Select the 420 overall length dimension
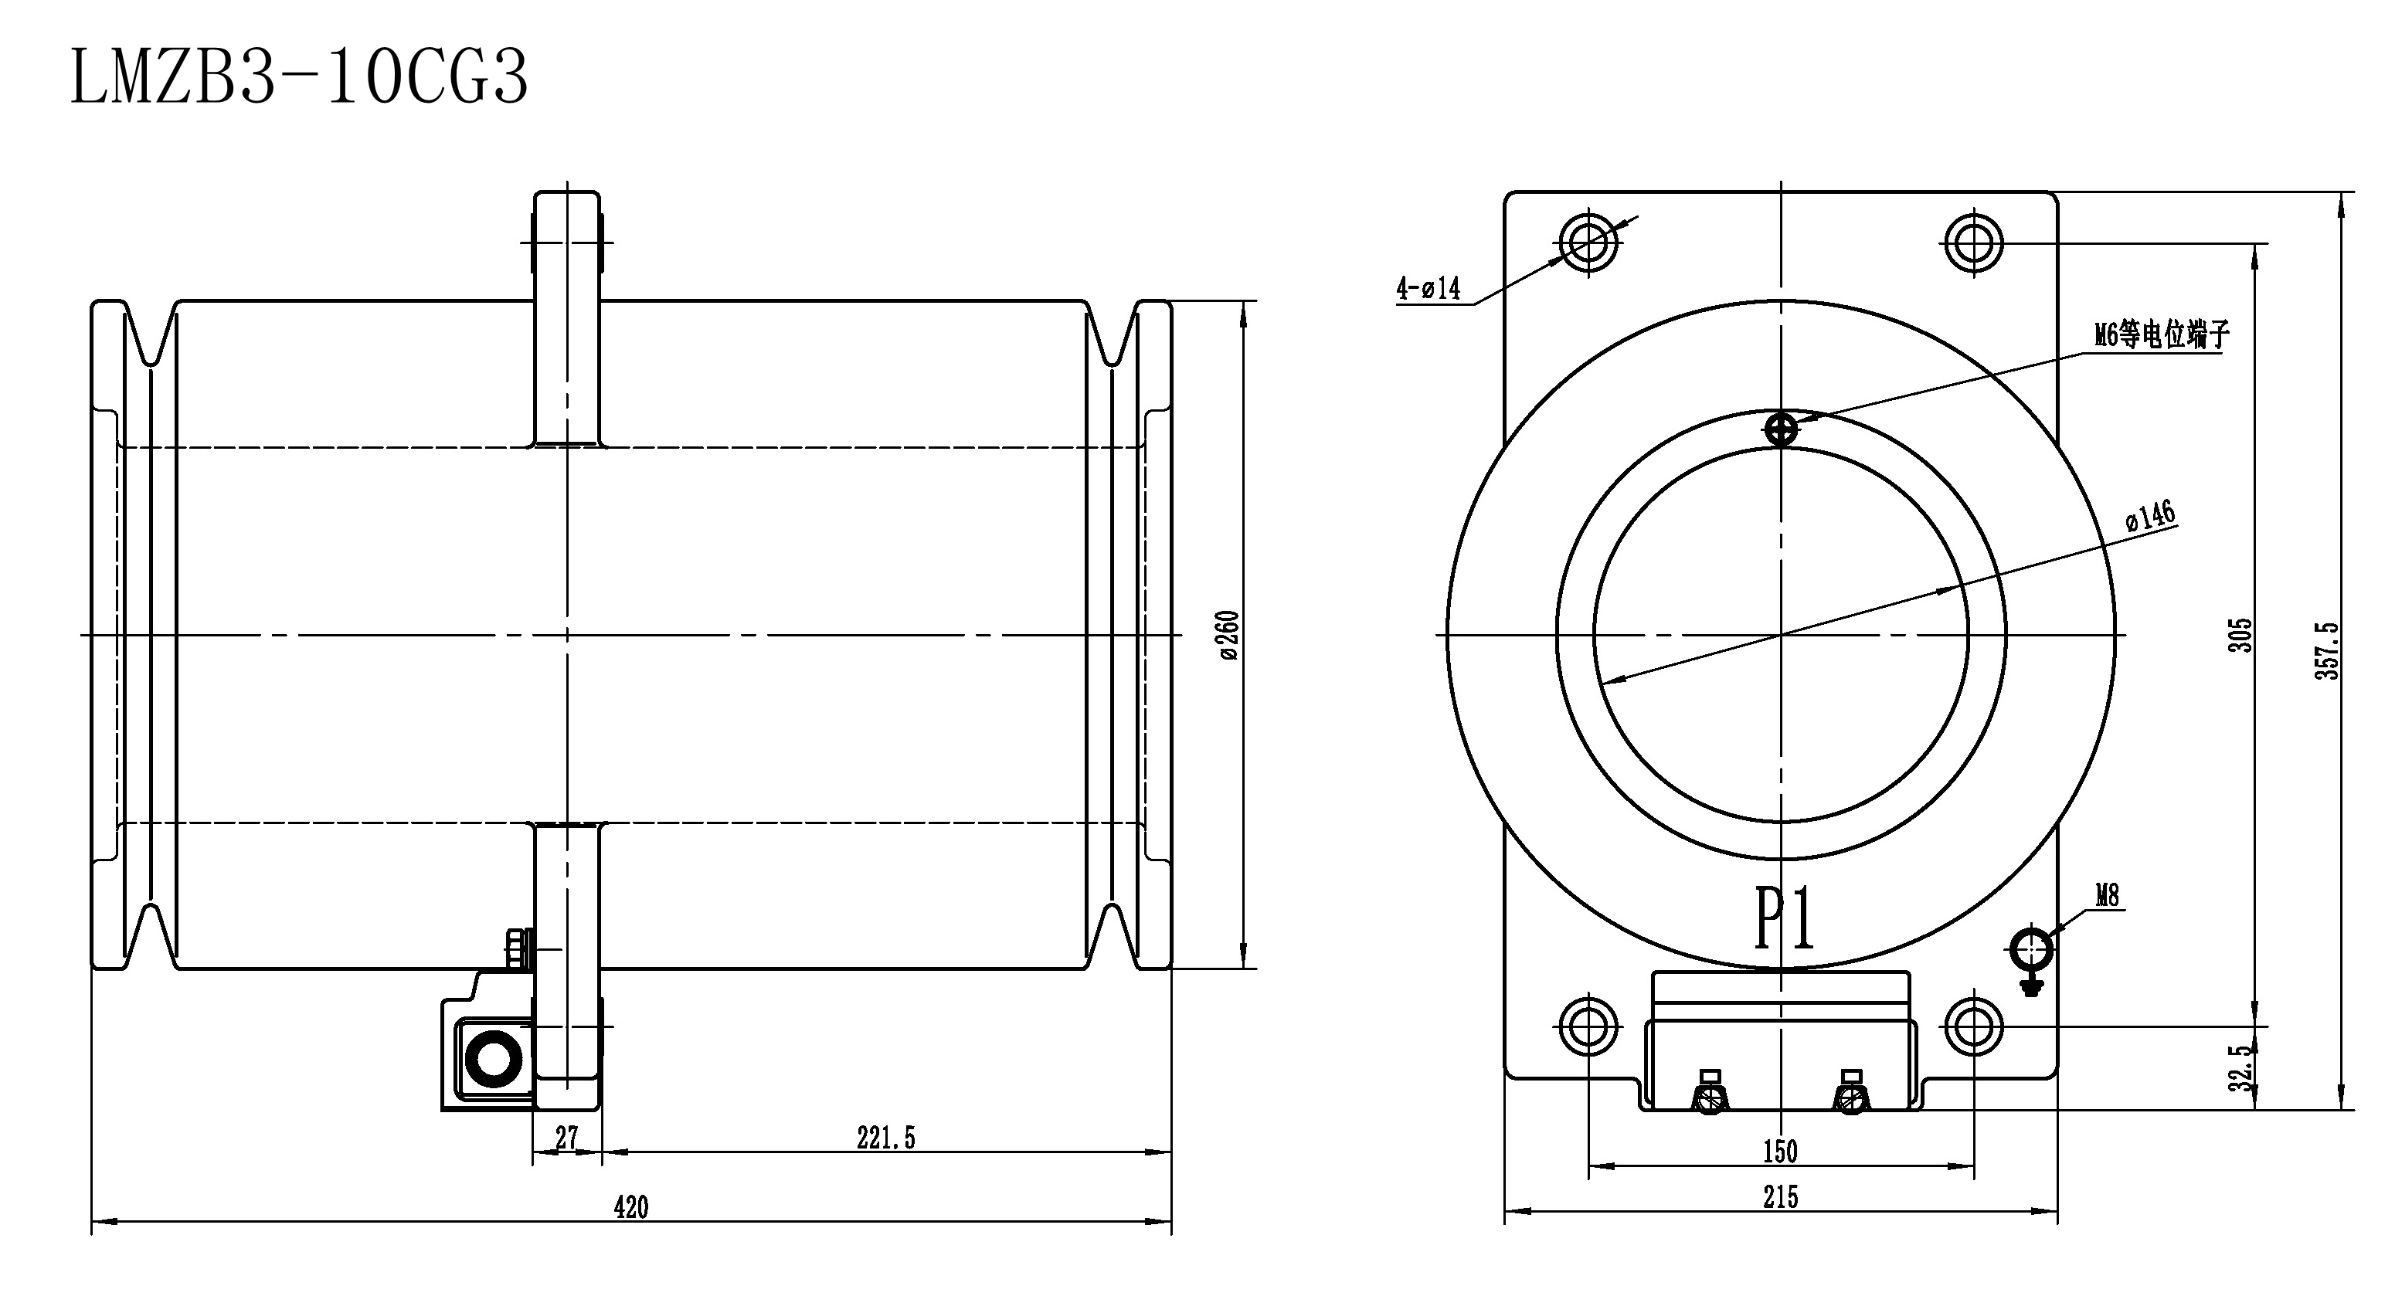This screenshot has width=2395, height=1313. [630, 1207]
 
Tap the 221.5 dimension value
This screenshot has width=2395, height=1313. [885, 1138]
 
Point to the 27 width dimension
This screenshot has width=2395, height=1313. [566, 1138]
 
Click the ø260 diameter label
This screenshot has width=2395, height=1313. [1228, 635]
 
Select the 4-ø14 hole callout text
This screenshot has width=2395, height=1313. [1428, 289]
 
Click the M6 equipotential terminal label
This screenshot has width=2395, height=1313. [2162, 334]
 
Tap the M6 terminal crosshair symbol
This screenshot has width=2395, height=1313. [1781, 429]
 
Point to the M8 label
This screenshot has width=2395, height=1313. [2108, 895]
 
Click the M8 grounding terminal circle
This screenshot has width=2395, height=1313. [2031, 948]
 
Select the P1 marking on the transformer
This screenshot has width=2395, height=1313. [1784, 918]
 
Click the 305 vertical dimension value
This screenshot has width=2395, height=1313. [2241, 635]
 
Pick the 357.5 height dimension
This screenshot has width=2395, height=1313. [2325, 650]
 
